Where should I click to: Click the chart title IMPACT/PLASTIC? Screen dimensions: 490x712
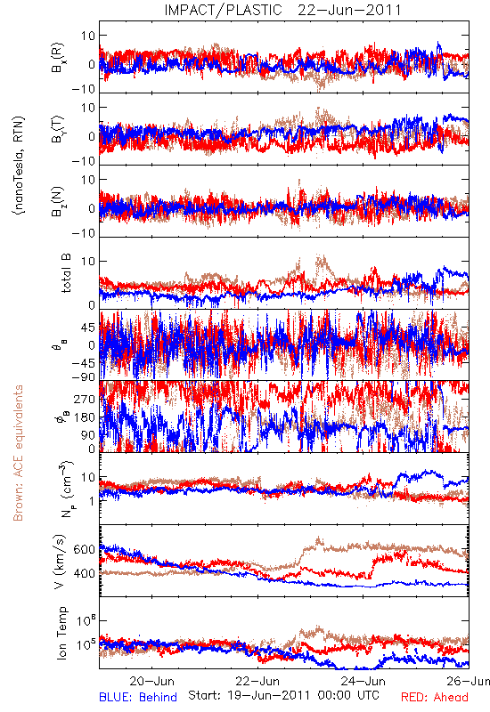[x=224, y=10]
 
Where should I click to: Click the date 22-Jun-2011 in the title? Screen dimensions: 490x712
[x=349, y=10]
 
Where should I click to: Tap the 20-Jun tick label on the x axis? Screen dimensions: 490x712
[x=151, y=681]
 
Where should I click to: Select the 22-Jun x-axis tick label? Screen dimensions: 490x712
[x=257, y=681]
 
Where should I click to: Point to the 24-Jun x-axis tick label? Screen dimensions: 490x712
[x=363, y=681]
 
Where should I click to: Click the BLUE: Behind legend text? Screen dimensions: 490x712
[x=138, y=697]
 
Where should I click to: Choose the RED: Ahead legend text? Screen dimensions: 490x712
[x=435, y=697]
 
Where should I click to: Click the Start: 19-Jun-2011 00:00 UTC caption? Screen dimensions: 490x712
[x=283, y=695]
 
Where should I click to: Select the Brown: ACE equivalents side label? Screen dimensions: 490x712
[x=18, y=453]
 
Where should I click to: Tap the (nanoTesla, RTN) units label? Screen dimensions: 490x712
[x=19, y=165]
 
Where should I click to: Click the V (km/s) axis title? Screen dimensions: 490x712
[x=61, y=562]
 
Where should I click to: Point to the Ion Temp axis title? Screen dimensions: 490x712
[x=61, y=633]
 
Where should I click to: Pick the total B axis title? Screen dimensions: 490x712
[x=66, y=273]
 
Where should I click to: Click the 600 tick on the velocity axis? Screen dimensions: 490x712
[x=85, y=549]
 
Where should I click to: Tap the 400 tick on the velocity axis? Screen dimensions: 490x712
[x=85, y=573]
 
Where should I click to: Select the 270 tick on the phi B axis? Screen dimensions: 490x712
[x=85, y=399]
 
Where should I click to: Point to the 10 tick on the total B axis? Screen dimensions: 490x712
[x=88, y=262]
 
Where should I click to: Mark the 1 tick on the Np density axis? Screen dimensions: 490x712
[x=92, y=501]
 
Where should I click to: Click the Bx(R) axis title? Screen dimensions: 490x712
[x=58, y=58]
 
